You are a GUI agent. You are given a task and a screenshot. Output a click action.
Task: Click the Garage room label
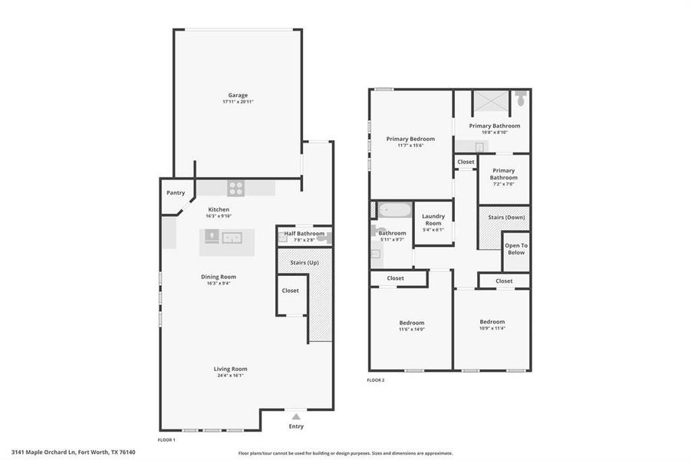[238, 95]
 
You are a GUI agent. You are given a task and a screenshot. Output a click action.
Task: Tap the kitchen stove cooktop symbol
[235, 188]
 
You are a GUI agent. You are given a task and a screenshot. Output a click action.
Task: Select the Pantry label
[176, 192]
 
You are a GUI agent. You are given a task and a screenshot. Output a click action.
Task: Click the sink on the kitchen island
[232, 238]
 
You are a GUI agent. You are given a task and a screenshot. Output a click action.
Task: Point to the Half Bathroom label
[304, 233]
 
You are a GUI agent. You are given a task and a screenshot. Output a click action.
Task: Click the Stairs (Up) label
[304, 262]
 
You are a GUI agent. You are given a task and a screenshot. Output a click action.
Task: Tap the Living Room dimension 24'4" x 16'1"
[230, 376]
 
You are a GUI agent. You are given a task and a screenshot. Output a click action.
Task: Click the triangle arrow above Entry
[296, 416]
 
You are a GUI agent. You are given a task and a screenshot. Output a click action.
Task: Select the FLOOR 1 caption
[166, 440]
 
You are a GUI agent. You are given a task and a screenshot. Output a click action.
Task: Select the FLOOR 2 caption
[375, 380]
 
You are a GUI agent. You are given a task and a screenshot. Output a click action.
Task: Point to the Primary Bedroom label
[410, 139]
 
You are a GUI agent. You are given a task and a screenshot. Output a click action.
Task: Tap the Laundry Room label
[433, 219]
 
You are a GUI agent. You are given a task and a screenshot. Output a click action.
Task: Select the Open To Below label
[516, 248]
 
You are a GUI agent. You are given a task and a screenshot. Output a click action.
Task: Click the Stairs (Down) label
[506, 217]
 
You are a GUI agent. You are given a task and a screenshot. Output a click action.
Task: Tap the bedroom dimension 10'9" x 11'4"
[492, 328]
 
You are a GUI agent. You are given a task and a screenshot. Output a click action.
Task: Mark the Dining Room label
[219, 277]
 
